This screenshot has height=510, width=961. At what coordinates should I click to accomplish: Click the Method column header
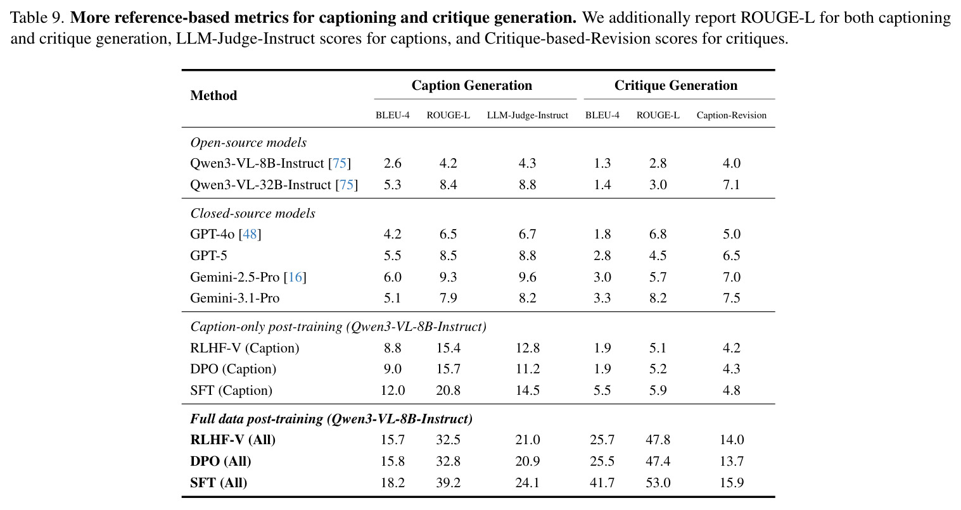coord(213,95)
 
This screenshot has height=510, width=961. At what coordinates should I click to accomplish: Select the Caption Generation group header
coord(471,85)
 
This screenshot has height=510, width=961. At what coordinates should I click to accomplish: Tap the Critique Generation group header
coord(676,85)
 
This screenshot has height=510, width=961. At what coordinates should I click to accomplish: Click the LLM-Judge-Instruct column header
coord(527,115)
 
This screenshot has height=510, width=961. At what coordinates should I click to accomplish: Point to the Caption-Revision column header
coord(731,115)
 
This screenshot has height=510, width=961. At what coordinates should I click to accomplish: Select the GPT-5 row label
coord(208,256)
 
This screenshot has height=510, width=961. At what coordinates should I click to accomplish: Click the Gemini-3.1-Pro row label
coord(234,298)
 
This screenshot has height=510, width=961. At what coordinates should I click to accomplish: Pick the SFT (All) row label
coord(219,483)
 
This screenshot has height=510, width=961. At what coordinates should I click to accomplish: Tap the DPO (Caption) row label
coord(233,369)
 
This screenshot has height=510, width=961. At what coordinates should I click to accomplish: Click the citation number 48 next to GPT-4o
coord(250,234)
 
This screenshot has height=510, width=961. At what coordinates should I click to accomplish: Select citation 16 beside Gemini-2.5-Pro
coord(295,277)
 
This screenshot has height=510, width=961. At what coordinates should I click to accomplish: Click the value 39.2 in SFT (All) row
coord(448,483)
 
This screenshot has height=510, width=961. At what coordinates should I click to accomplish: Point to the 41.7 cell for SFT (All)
coord(602,483)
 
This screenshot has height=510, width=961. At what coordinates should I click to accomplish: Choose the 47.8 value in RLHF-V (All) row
coord(658,440)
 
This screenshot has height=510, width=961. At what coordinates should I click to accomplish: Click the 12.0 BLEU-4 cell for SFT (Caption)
coord(393,390)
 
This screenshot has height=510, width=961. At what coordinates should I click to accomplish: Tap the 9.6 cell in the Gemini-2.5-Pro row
coord(527,277)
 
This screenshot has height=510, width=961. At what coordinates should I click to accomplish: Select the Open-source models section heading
coord(248,142)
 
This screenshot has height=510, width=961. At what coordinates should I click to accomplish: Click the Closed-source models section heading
coord(253,213)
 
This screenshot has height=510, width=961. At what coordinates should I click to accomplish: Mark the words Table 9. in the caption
coord(37,18)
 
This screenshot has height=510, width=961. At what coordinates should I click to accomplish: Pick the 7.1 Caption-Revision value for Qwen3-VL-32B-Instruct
coord(731,185)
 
